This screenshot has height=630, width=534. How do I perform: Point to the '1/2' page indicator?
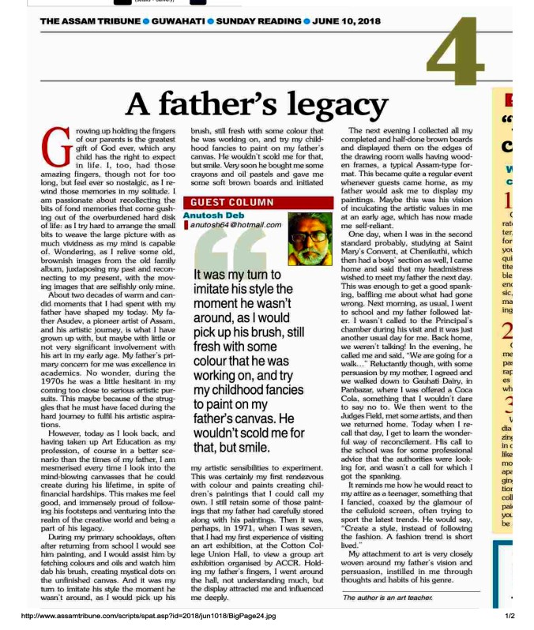(510, 616)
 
